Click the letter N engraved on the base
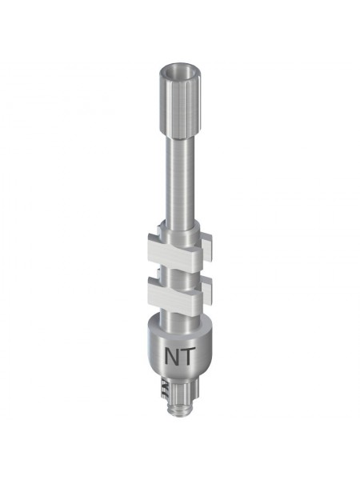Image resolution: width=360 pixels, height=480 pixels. (173, 356)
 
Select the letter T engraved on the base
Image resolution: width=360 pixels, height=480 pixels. (188, 356)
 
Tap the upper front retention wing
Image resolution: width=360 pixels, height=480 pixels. (174, 250)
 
